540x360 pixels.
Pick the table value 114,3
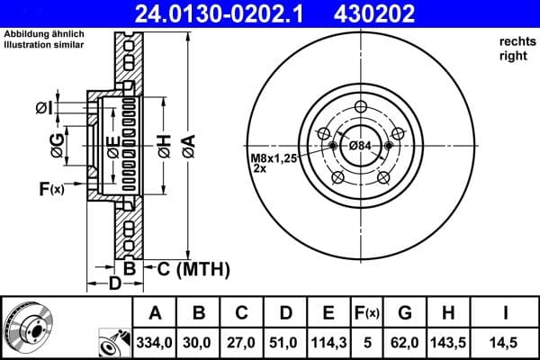pyautogui.click(x=328, y=343)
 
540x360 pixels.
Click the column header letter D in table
pyautogui.click(x=285, y=313)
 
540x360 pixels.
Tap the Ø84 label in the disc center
pyautogui.click(x=360, y=147)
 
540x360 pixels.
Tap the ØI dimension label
pyautogui.click(x=44, y=108)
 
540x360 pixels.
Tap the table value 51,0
pyautogui.click(x=285, y=343)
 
